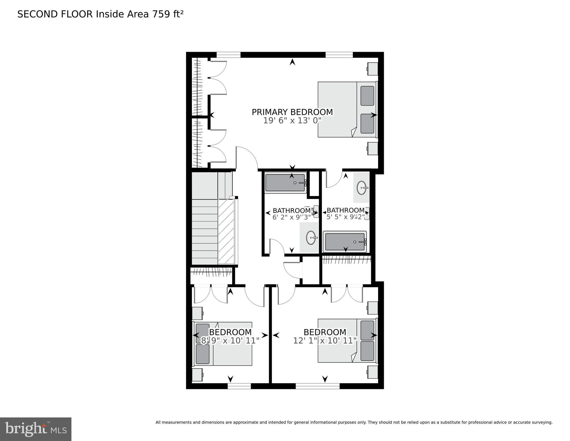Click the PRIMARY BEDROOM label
point(292,112)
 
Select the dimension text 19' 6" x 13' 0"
point(292,121)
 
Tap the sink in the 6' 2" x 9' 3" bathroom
point(311,238)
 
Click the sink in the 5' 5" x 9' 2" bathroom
point(362,188)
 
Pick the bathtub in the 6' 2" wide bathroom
point(285,183)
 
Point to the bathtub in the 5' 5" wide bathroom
point(345,242)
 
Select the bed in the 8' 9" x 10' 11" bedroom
point(223,344)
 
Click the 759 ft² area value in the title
point(168,14)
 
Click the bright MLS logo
point(36,429)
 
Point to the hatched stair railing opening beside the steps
point(226,231)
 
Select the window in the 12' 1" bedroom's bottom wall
point(318,386)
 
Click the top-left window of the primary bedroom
point(228,55)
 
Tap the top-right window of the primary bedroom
point(339,55)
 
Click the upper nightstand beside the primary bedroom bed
point(373,69)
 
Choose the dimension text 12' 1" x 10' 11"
point(325,341)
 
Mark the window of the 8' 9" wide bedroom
point(239,386)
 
